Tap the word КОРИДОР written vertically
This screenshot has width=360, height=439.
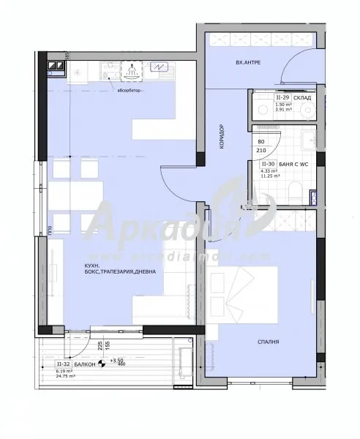click(x=222, y=136)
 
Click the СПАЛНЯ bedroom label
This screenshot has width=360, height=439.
click(x=268, y=342)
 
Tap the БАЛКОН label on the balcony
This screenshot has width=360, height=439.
click(x=87, y=363)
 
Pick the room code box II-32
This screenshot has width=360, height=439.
click(x=64, y=363)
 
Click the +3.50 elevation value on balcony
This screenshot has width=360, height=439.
click(x=115, y=360)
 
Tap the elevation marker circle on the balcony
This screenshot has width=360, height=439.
click(x=102, y=364)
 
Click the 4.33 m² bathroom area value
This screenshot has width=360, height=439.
click(x=268, y=170)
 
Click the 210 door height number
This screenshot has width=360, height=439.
click(x=261, y=154)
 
